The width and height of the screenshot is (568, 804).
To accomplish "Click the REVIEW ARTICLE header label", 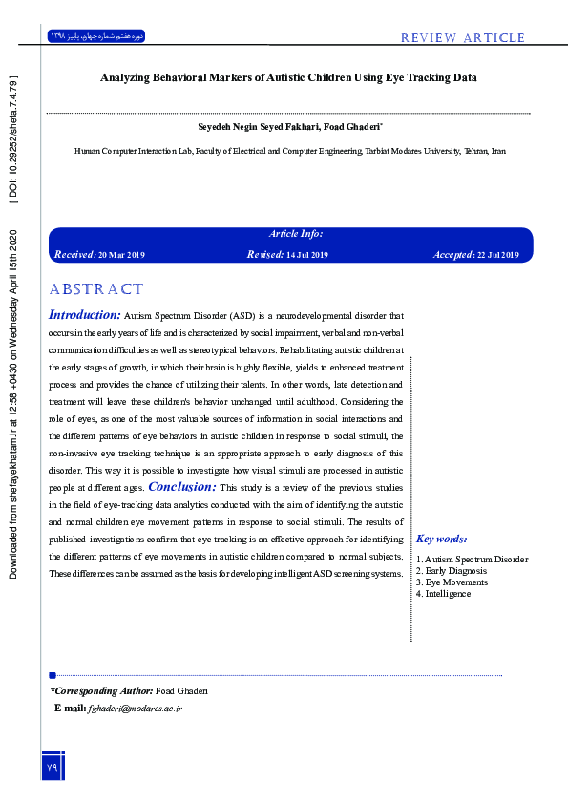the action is click(463, 38).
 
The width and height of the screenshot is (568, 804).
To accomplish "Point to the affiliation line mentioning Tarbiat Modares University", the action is click(290, 151).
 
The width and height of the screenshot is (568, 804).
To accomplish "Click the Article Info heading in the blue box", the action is click(296, 234).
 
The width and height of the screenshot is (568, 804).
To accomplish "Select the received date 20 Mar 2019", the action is click(121, 255).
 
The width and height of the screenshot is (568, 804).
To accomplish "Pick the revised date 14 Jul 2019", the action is click(306, 255).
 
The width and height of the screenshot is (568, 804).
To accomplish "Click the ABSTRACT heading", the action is click(95, 289).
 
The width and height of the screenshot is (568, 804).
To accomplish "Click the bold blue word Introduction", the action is click(84, 314).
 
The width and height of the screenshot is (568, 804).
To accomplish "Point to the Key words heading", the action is click(442, 540).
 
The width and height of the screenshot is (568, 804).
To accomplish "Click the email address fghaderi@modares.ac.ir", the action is click(135, 709).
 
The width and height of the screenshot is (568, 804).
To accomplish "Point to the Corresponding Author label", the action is click(101, 690).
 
